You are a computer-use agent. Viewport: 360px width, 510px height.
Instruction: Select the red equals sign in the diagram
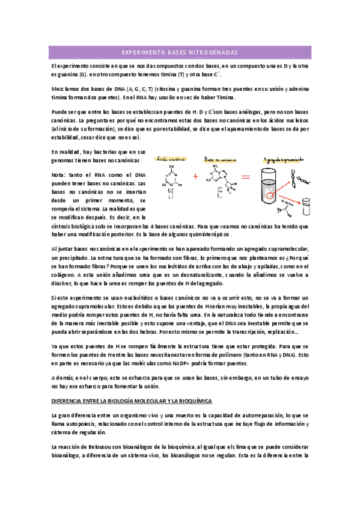click(x=245, y=177)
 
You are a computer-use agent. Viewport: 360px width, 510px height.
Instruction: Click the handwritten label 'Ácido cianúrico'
click(x=169, y=161)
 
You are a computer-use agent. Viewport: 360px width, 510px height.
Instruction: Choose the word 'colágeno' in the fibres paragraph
click(x=63, y=274)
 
